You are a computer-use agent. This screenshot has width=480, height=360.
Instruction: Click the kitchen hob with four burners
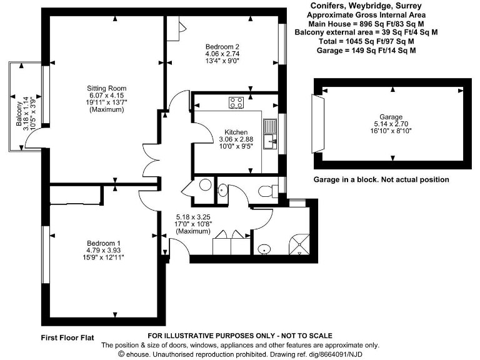[x=236, y=102]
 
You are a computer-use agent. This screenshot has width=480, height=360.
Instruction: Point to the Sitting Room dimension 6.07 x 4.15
[x=107, y=96]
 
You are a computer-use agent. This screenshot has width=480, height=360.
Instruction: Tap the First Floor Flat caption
[x=67, y=337]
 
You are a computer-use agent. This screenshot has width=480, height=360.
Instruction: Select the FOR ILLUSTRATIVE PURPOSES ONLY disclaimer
[x=239, y=336]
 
